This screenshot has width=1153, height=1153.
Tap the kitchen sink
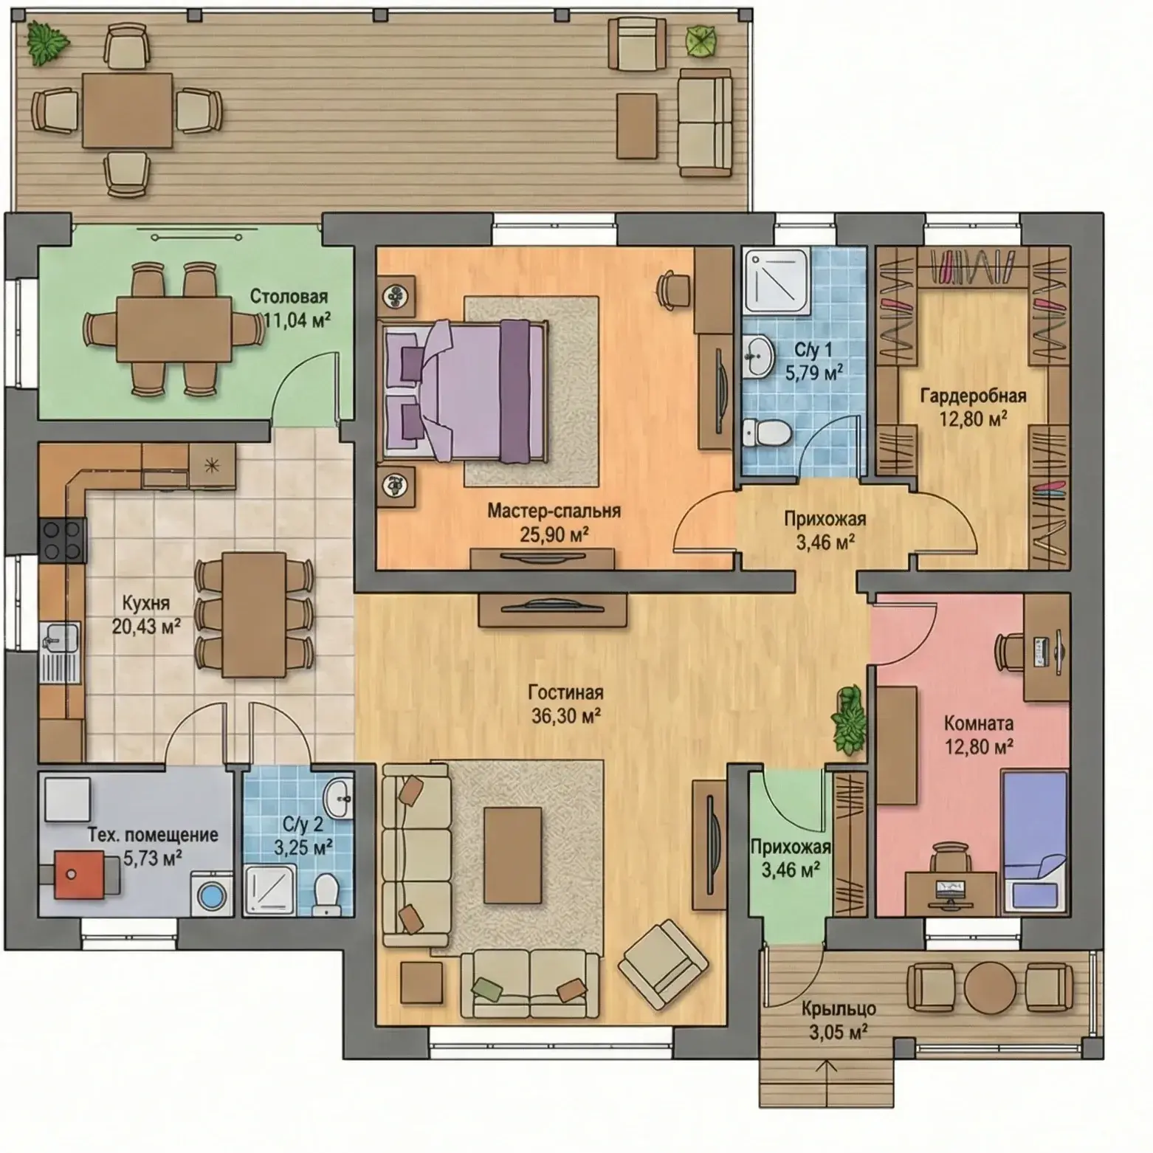coord(59,642)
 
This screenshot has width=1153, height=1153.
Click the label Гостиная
coord(565,692)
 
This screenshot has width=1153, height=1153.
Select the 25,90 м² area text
coord(554,535)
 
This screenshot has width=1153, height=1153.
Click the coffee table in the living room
coord(513,855)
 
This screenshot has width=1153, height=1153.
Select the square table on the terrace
coord(127,109)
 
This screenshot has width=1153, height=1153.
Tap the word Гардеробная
coord(973,396)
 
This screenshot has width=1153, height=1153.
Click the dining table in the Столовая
coord(174,329)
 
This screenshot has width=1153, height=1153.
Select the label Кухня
coord(145,603)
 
